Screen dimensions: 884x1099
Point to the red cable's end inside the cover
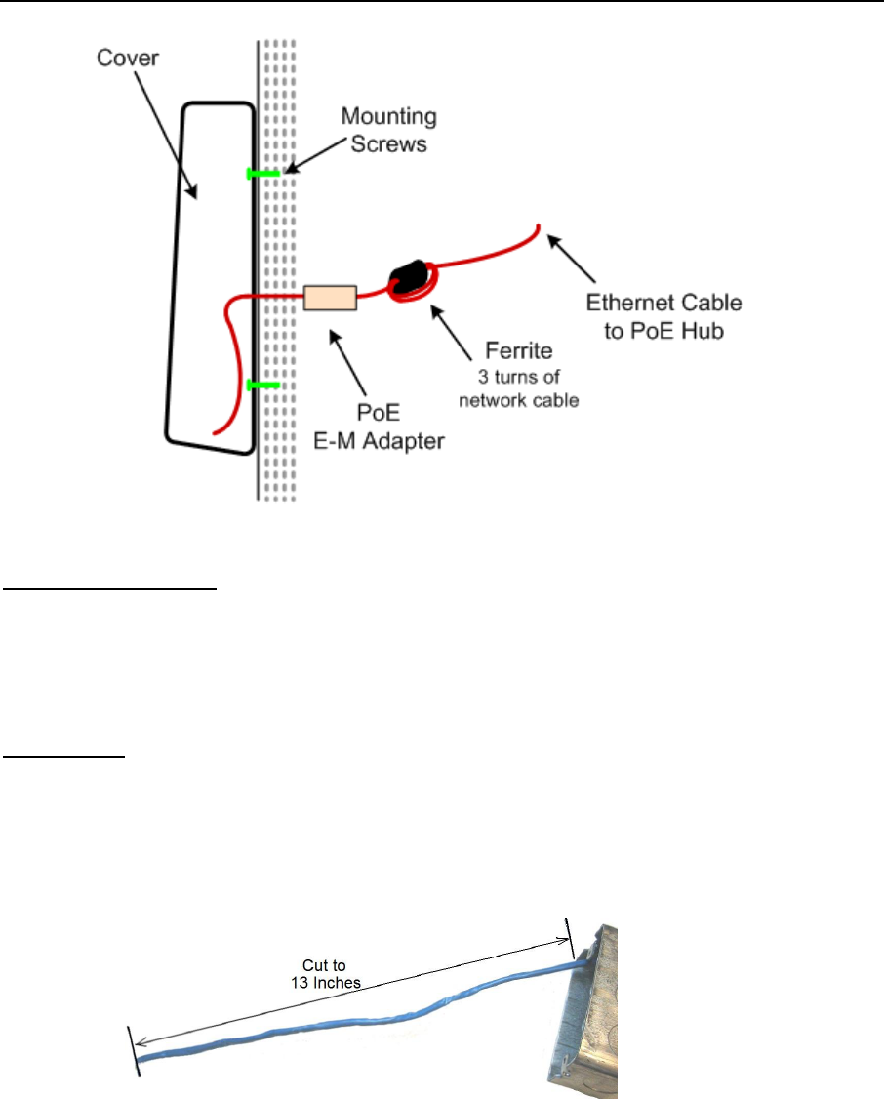point(216,430)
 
